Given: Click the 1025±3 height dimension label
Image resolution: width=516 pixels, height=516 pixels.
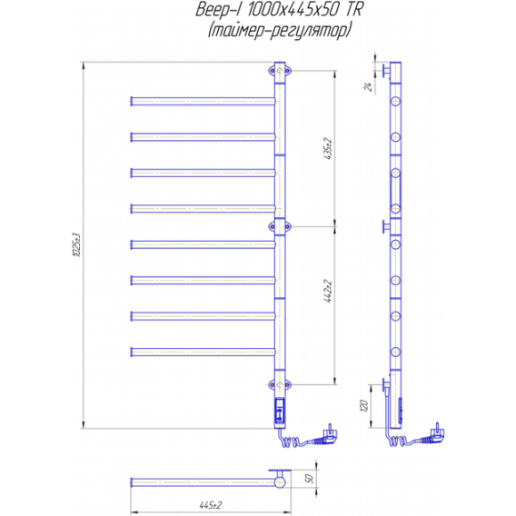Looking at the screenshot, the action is (x=76, y=245).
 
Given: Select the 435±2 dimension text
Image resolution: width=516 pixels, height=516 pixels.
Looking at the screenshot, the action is (x=329, y=149).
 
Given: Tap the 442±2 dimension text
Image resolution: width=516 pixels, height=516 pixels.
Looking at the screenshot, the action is (x=329, y=291).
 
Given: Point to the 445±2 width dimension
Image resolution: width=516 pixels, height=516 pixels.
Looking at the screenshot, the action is (x=211, y=505).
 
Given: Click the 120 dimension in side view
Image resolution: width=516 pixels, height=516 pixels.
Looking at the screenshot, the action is (x=363, y=406).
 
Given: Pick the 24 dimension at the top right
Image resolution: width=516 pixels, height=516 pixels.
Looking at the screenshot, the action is (x=369, y=87).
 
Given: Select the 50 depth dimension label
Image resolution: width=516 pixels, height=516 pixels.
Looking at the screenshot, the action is (x=311, y=478).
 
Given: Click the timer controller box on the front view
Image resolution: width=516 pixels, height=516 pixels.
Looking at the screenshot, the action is (x=280, y=410).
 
